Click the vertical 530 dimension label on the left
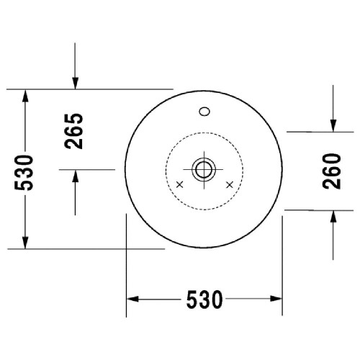click(25, 172)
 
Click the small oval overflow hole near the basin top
click(204, 112)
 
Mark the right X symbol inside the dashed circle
click(230, 186)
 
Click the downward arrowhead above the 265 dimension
click(75, 82)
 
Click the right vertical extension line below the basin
click(282, 274)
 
